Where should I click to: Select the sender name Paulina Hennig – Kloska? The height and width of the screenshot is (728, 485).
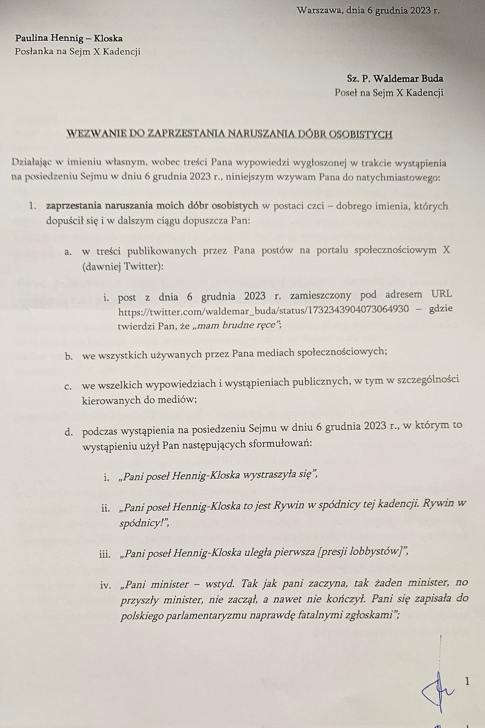click(69, 38)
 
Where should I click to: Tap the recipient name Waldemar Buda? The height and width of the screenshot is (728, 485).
click(407, 79)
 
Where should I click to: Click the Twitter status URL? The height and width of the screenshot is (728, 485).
click(263, 310)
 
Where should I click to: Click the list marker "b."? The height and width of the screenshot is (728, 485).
click(69, 357)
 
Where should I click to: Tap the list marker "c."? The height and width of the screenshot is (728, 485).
click(69, 386)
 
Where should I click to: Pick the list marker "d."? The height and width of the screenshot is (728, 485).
click(69, 431)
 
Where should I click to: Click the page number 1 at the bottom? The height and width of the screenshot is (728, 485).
click(466, 681)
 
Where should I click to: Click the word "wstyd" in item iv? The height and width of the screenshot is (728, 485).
click(219, 584)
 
